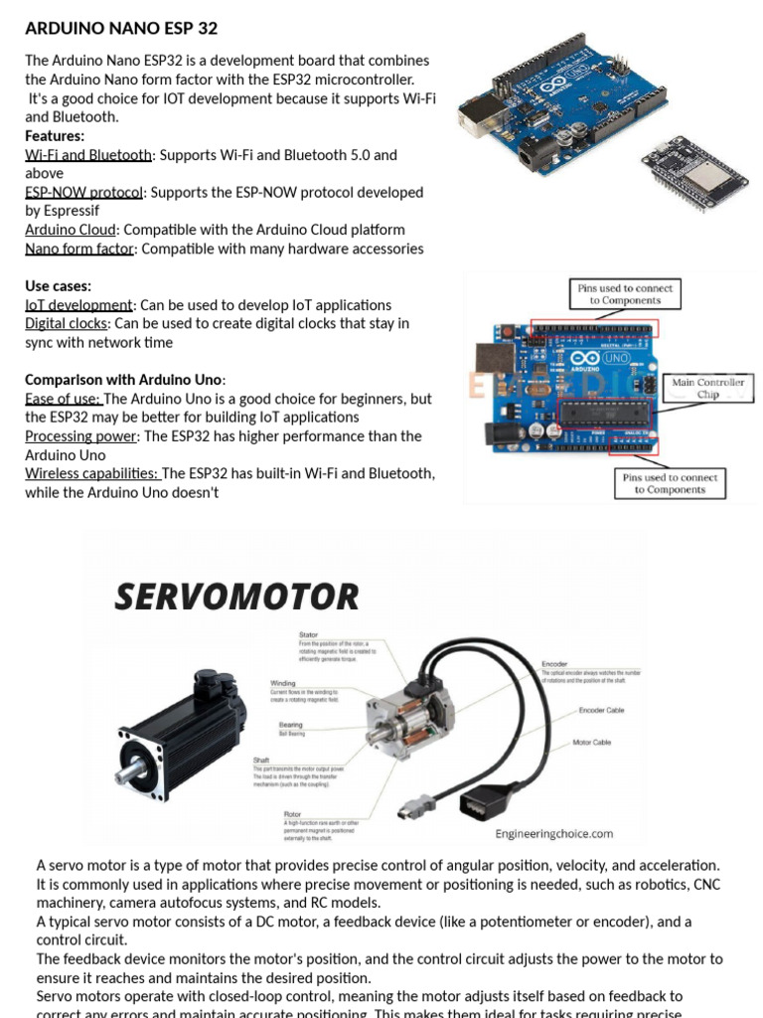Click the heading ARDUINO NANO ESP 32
121,28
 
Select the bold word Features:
55,136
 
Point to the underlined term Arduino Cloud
71,231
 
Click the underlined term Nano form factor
79,250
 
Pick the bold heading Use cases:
58,286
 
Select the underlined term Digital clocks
68,324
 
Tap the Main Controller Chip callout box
707,389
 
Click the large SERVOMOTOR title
236,597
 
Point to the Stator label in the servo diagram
309,634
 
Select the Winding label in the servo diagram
283,684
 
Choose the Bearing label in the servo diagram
291,726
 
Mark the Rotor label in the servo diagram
292,814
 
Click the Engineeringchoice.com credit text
554,834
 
